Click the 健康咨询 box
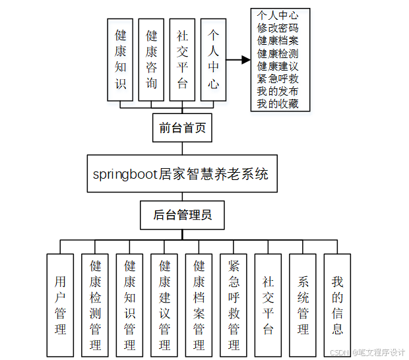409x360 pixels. pyautogui.click(x=152, y=59)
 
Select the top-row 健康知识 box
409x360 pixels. pyautogui.click(x=121, y=59)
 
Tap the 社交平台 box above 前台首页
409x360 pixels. pyautogui.click(x=183, y=59)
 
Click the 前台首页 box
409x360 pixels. pyautogui.click(x=183, y=128)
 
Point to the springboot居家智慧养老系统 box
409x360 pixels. pyautogui.click(x=181, y=175)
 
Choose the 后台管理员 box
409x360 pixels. pyautogui.click(x=183, y=215)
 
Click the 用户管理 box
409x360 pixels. pyautogui.click(x=61, y=305)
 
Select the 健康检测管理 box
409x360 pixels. pyautogui.click(x=96, y=305)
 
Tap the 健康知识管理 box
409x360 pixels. pyautogui.click(x=130, y=305)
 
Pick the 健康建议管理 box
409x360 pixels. pyautogui.click(x=165, y=305)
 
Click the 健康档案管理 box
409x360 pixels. pyautogui.click(x=199, y=305)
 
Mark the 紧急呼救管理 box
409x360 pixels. pyautogui.click(x=234, y=305)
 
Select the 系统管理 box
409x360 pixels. pyautogui.click(x=303, y=305)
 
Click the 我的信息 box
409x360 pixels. pyautogui.click(x=337, y=305)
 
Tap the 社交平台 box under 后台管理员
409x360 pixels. pyautogui.click(x=268, y=305)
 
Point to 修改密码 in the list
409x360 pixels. pyautogui.click(x=278, y=28)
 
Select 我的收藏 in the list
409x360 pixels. pyautogui.click(x=278, y=104)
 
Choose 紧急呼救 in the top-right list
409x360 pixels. pyautogui.click(x=278, y=78)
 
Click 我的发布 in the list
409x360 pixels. pyautogui.click(x=278, y=91)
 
